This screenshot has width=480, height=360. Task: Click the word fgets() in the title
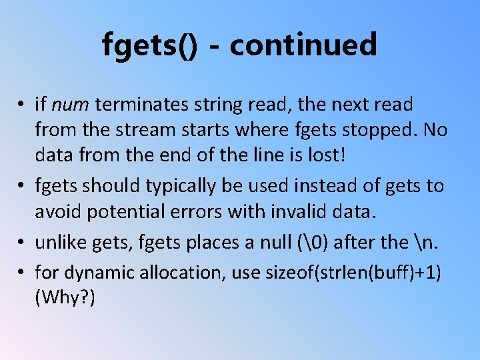pos(150,45)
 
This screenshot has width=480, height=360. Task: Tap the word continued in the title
pos(303,44)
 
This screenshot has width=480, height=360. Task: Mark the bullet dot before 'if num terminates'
pos(22,105)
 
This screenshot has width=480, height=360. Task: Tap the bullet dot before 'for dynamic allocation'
pos(22,273)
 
